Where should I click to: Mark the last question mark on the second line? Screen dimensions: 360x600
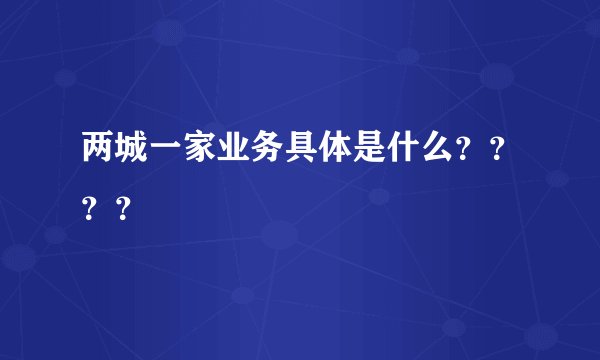click(123, 209)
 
